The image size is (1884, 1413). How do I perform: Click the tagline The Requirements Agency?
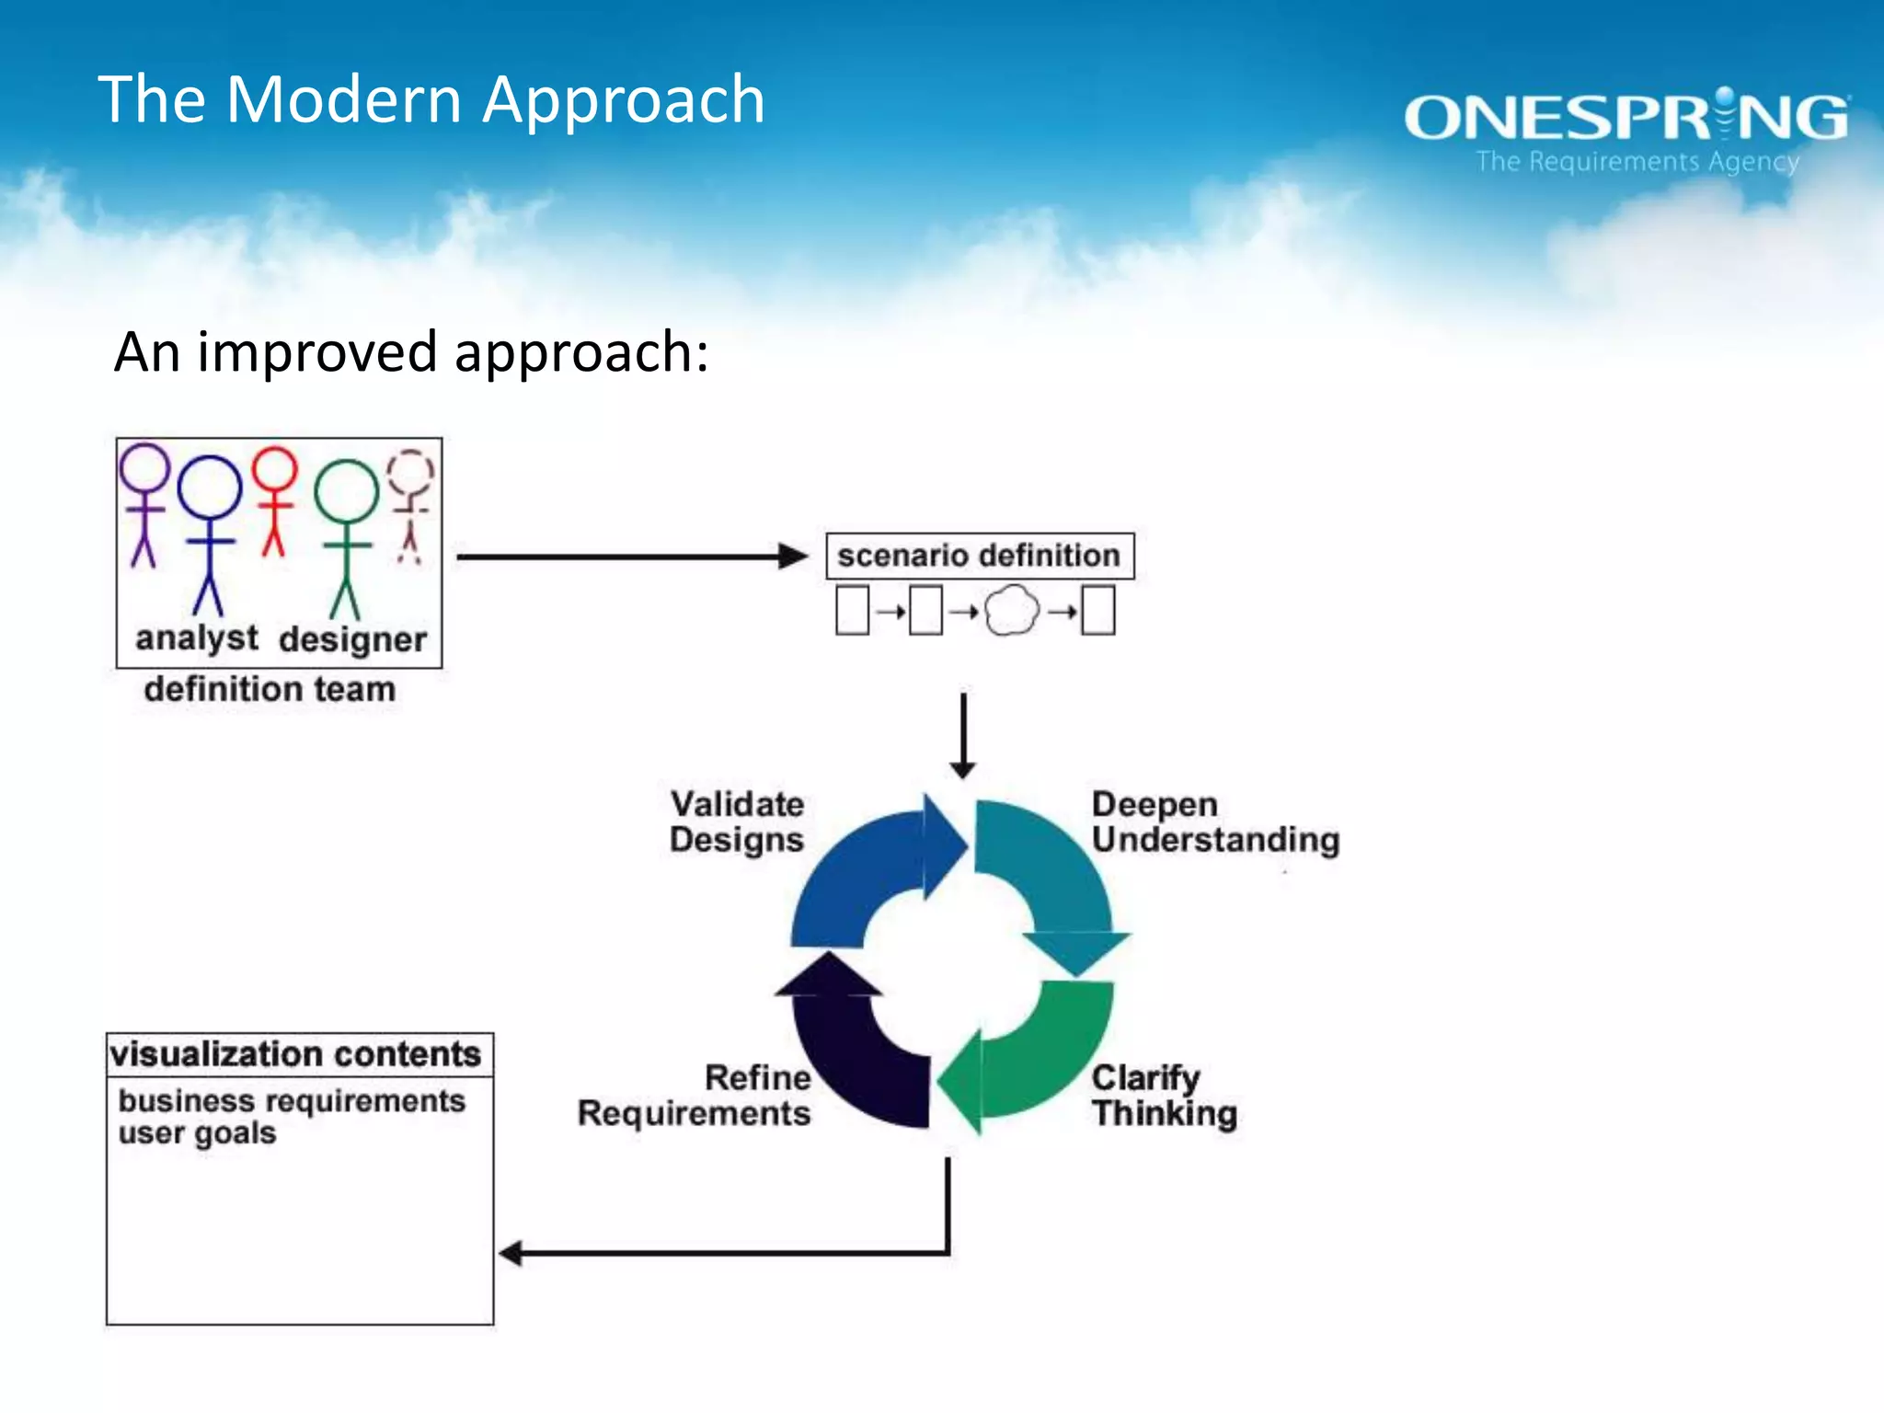tap(1637, 162)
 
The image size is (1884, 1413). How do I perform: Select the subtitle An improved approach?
tap(411, 352)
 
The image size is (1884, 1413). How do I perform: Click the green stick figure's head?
tap(347, 490)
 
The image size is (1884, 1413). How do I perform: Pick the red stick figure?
tap(274, 501)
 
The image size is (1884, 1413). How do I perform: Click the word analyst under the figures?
tap(197, 638)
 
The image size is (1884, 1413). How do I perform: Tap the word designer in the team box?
tap(353, 639)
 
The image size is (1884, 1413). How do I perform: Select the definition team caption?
tap(270, 689)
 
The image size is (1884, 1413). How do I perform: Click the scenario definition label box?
tap(979, 556)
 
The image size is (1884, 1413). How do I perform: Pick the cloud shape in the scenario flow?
tap(1012, 611)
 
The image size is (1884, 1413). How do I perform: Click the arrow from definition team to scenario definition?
tap(631, 557)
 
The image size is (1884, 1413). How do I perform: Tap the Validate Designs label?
tap(737, 821)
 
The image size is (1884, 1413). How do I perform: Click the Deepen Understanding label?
tap(1214, 821)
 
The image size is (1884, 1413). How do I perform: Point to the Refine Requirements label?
tap(695, 1096)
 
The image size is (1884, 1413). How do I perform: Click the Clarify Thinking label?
tap(1164, 1096)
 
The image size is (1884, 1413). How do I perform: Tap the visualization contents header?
tap(295, 1054)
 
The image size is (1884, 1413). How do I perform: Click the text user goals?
tap(197, 1133)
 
